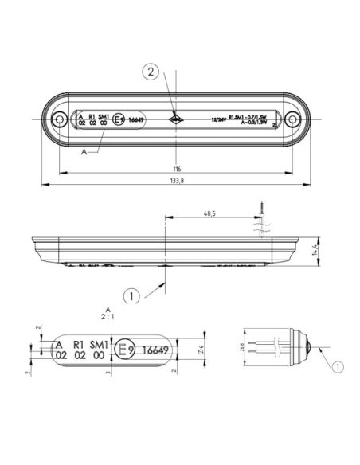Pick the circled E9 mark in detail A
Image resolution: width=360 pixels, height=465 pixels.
(123, 349)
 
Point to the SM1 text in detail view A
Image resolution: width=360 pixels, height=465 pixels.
(99, 342)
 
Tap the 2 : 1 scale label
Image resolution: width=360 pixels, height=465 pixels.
(108, 315)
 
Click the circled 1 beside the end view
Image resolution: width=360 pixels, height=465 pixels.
(336, 367)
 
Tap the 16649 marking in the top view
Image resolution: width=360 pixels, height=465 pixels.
(139, 120)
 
